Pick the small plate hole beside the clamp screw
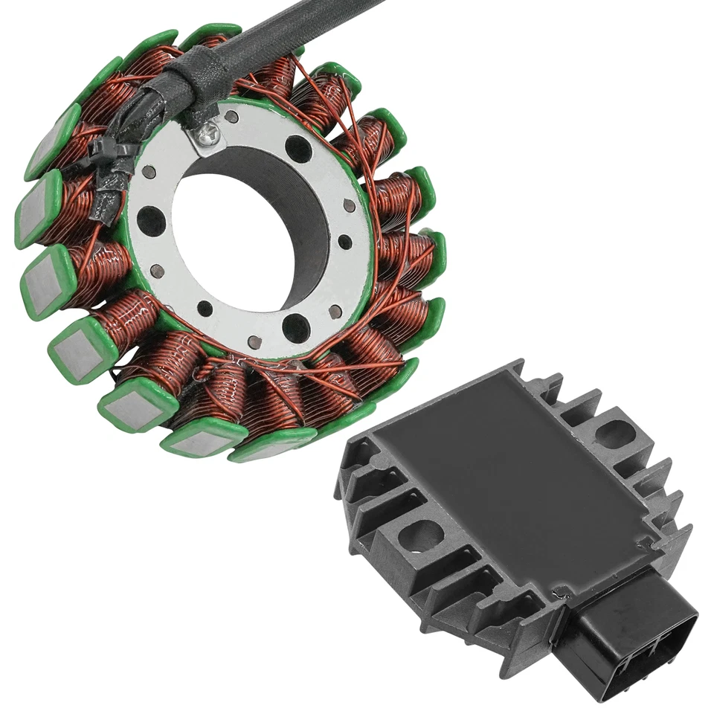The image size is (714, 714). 232,117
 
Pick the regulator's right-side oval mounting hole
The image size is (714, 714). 614,433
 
